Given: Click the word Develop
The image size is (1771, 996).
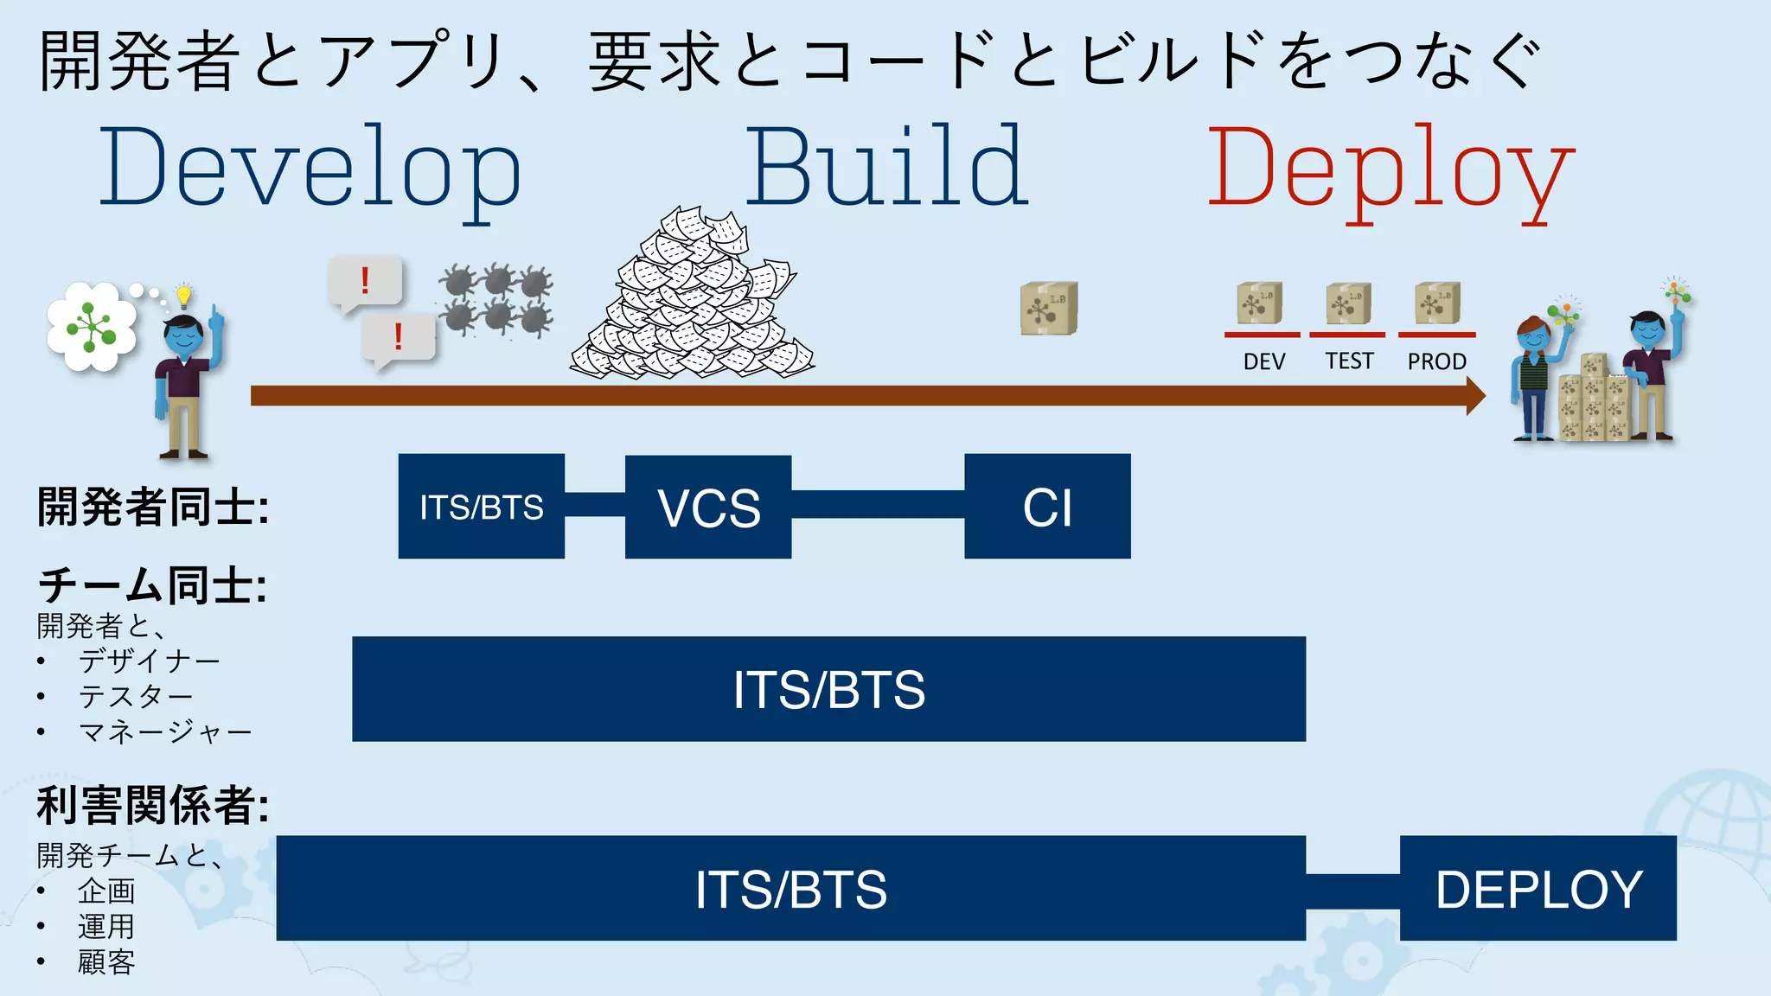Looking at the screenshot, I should pyautogui.click(x=310, y=169).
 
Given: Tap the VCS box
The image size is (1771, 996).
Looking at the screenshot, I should pyautogui.click(x=708, y=507).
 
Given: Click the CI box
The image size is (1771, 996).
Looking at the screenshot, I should pyautogui.click(x=1047, y=507).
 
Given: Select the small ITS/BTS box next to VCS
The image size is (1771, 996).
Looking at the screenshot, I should pyautogui.click(x=482, y=507).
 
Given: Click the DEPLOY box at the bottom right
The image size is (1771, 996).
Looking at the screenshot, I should pyautogui.click(x=1538, y=889).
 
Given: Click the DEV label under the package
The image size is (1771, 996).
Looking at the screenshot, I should pyautogui.click(x=1263, y=361).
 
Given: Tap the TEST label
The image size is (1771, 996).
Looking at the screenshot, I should pyautogui.click(x=1349, y=361).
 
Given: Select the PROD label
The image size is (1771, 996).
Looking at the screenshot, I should pyautogui.click(x=1436, y=361).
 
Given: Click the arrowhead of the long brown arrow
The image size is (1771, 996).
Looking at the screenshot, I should pyautogui.click(x=1475, y=396).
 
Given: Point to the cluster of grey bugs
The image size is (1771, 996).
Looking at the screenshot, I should pyautogui.click(x=495, y=299).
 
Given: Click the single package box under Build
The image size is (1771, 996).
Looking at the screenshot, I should pyautogui.click(x=1048, y=308).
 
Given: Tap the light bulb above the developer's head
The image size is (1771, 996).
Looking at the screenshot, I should pyautogui.click(x=183, y=296).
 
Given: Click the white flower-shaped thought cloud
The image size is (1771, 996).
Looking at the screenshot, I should pyautogui.click(x=91, y=327).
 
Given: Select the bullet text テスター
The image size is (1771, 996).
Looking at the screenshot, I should pyautogui.click(x=136, y=696).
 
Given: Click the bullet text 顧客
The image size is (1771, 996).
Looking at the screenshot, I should pyautogui.click(x=106, y=962).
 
